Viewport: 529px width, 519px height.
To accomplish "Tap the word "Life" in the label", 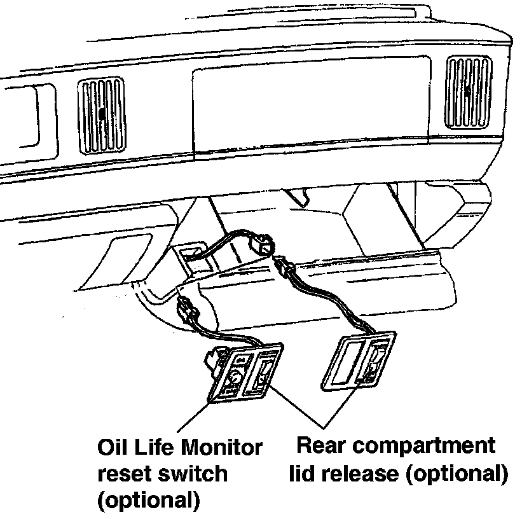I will [155, 448].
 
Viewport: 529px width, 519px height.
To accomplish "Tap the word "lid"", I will [303, 473].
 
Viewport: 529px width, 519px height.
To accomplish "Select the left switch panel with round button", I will [245, 378].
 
